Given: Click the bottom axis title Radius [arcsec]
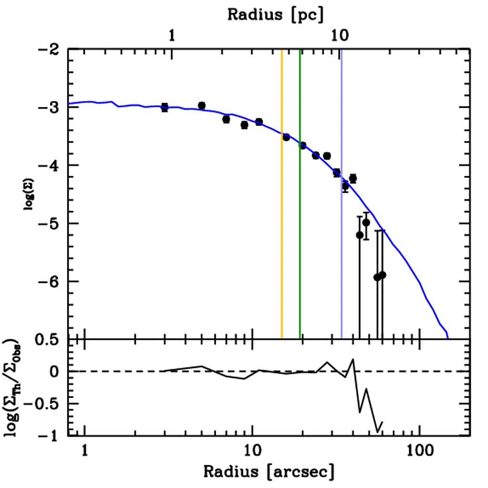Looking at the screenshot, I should coord(269,471).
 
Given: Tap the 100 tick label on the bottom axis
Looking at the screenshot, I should coord(419,451).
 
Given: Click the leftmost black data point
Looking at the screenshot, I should coord(164,107).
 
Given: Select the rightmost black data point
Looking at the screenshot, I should coord(382,275).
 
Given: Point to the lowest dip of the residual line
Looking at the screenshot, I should coord(378,432).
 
